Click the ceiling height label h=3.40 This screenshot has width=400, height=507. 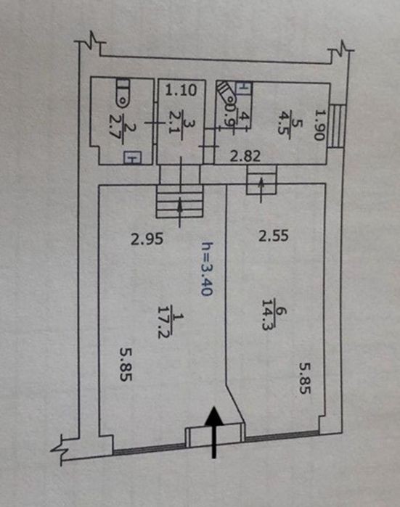[207, 268]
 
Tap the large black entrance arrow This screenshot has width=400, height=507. [214, 432]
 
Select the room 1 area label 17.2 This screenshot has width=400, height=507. [164, 322]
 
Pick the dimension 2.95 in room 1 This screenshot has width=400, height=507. [147, 239]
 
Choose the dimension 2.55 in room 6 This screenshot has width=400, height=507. [273, 236]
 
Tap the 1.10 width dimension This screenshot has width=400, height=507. [181, 90]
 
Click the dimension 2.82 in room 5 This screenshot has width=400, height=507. [245, 157]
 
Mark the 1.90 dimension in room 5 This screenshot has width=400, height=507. [319, 125]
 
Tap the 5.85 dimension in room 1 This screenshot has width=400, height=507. [126, 364]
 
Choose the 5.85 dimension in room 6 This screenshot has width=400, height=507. [304, 378]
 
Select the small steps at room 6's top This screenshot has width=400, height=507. [261, 180]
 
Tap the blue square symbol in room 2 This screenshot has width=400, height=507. [132, 158]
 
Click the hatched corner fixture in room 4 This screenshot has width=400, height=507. [226, 94]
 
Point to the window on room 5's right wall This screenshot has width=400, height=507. [337, 126]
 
